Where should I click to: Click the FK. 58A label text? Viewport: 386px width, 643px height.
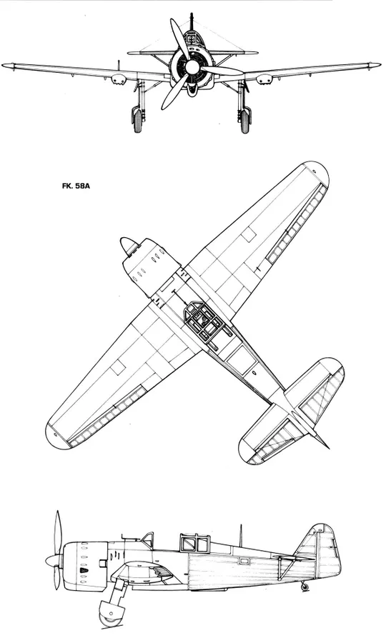click(x=76, y=186)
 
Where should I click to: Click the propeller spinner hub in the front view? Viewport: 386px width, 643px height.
click(x=190, y=66)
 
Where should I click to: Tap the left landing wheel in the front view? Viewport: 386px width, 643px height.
click(x=137, y=120)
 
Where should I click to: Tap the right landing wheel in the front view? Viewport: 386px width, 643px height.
click(x=245, y=120)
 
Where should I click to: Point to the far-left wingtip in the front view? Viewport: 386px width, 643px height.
click(x=5, y=65)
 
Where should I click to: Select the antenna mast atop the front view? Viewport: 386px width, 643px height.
click(x=191, y=21)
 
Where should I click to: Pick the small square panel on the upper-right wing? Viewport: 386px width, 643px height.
click(x=248, y=235)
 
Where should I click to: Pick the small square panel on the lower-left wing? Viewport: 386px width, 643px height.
click(x=118, y=368)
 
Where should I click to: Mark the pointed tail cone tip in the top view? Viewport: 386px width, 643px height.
click(x=327, y=447)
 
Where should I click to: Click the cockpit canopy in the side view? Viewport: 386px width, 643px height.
click(x=195, y=543)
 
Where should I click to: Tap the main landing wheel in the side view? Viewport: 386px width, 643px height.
click(x=108, y=615)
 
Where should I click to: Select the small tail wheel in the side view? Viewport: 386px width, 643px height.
click(x=305, y=587)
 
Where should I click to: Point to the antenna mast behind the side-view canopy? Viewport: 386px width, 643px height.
click(x=241, y=535)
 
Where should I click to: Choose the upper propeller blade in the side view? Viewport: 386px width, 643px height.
click(x=58, y=533)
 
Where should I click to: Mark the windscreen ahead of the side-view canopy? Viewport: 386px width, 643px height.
click(x=148, y=540)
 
